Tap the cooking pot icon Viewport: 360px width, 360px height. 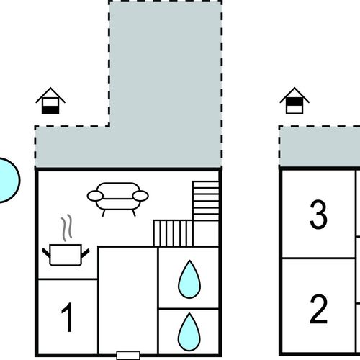click(x=66, y=255)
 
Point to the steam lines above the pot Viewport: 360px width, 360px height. click(x=66, y=228)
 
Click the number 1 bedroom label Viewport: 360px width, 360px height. click(x=68, y=318)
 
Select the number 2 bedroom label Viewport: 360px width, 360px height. click(x=318, y=309)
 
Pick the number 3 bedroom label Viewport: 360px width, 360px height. click(x=318, y=214)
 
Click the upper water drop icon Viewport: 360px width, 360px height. click(x=189, y=279)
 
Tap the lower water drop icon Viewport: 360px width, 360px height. click(x=189, y=332)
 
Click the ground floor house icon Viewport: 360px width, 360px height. click(x=50, y=101)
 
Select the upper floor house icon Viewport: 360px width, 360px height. click(x=294, y=101)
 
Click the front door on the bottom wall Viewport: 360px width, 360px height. click(x=128, y=356)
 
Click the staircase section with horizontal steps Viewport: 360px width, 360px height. click(x=206, y=201)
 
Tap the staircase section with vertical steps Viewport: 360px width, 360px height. click(x=173, y=233)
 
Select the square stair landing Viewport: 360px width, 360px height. click(x=206, y=233)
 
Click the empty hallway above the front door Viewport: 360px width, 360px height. click(x=128, y=300)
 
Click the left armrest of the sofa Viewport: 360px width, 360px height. click(x=95, y=196)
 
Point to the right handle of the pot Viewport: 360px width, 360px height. click(x=86, y=253)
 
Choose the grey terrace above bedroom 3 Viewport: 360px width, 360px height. click(x=320, y=146)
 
